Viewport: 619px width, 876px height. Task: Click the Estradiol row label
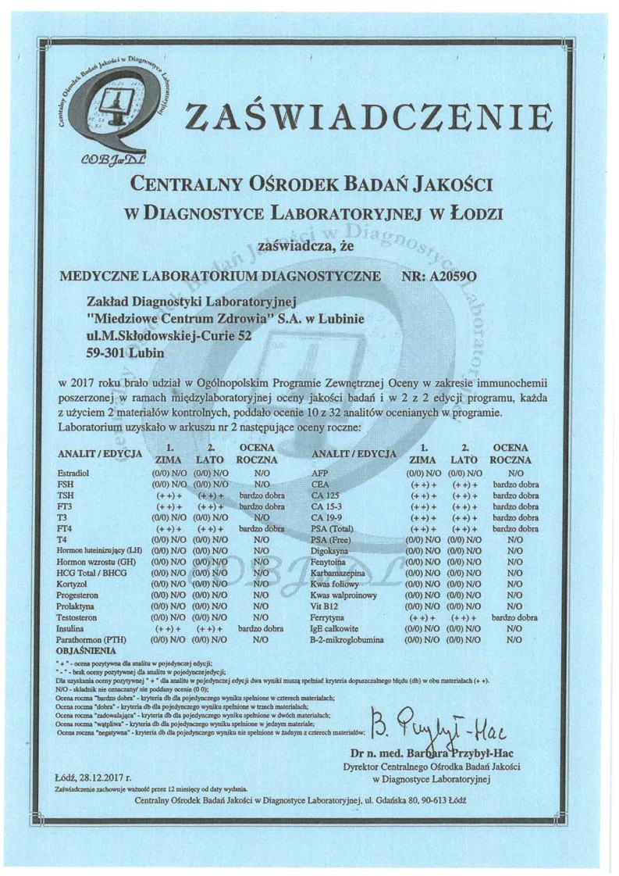click(74, 473)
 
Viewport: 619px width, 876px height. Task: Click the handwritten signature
click(441, 731)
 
